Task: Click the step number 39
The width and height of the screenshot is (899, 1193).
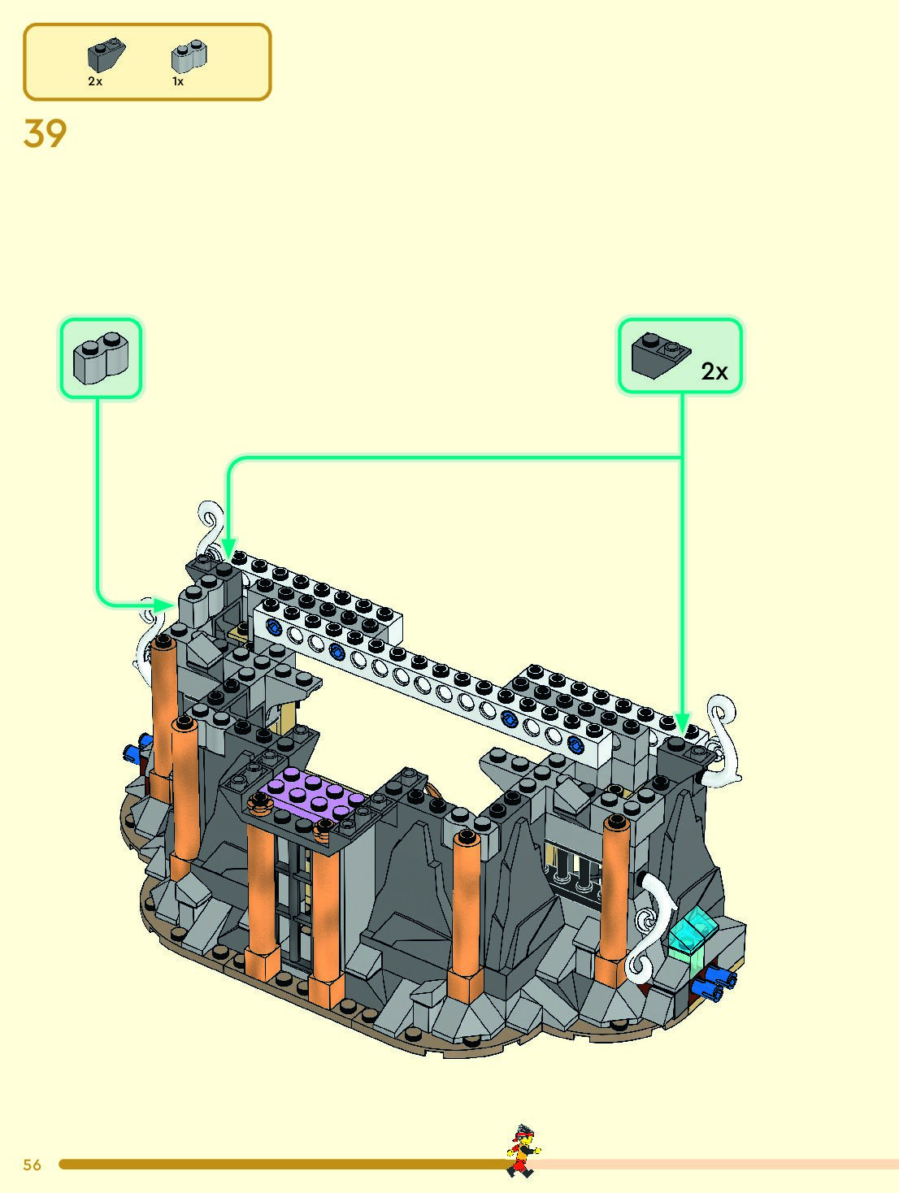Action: click(46, 133)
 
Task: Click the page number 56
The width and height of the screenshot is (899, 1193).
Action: click(32, 1165)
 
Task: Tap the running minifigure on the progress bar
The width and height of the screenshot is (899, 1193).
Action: click(523, 1151)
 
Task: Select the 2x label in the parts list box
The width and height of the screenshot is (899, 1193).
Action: click(95, 81)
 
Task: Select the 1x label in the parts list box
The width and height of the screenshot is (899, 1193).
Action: click(178, 81)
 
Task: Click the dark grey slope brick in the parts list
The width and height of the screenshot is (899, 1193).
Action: click(106, 54)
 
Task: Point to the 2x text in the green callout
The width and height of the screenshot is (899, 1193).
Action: click(714, 371)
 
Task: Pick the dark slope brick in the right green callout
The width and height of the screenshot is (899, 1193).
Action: click(660, 355)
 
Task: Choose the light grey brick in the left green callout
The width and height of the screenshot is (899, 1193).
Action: click(101, 358)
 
